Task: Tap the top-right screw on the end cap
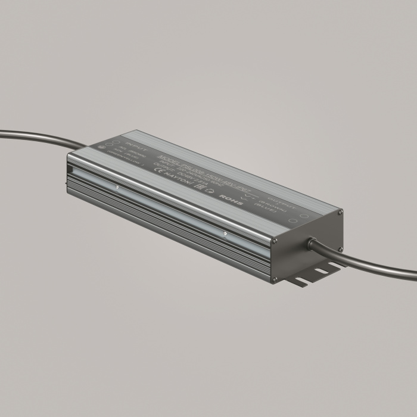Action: click(x=340, y=212)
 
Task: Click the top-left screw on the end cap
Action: click(x=275, y=241)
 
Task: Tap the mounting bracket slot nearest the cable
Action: click(x=319, y=272)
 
